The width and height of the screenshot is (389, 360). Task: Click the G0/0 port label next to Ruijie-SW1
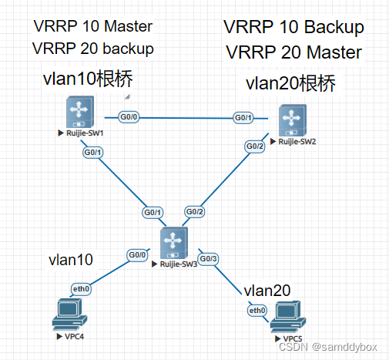coord(128,117)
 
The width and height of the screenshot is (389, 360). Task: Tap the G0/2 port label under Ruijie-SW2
coord(255,146)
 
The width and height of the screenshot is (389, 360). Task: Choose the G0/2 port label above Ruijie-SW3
coord(195,212)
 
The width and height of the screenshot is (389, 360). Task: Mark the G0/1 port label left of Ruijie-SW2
coord(243,117)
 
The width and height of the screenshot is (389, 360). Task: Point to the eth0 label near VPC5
coord(257,310)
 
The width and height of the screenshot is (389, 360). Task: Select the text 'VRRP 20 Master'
coord(293,52)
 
